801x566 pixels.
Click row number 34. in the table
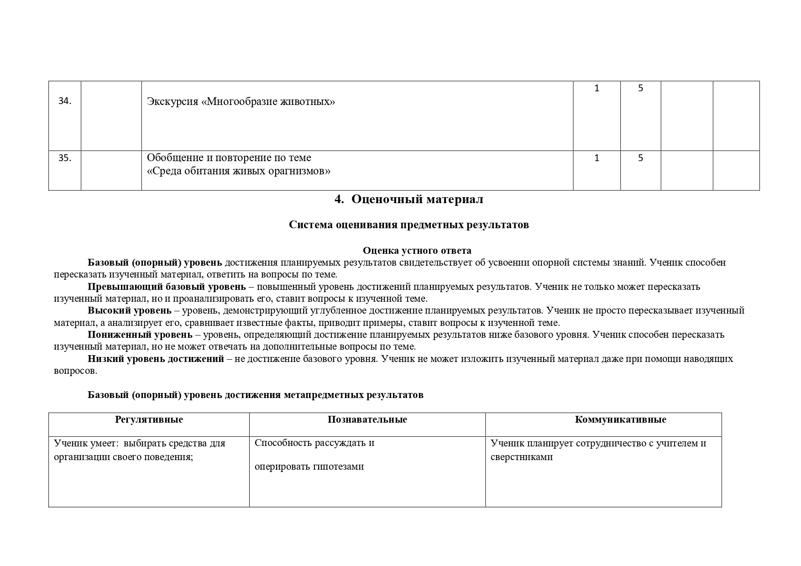click(65, 101)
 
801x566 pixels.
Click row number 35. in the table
click(65, 158)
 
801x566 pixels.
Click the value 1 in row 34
click(597, 89)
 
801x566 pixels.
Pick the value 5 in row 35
click(640, 158)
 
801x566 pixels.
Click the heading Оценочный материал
click(417, 199)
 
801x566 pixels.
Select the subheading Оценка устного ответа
click(417, 251)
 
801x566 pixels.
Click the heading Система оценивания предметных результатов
click(408, 225)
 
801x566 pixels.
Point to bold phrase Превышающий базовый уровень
click(167, 287)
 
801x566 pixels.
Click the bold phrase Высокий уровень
click(130, 310)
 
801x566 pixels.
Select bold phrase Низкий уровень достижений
click(156, 359)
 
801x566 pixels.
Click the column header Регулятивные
click(149, 419)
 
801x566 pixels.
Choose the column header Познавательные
click(367, 419)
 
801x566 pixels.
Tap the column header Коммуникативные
click(620, 419)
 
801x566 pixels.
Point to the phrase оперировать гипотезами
click(309, 467)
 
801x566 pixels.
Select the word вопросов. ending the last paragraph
click(75, 371)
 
